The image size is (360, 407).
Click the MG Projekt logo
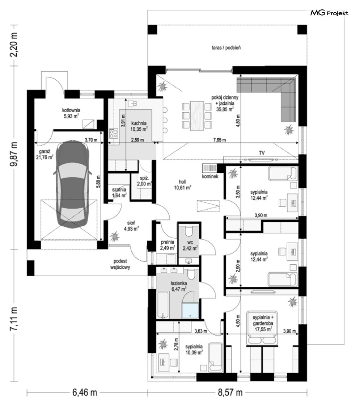[329, 13]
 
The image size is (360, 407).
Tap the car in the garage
[72, 185]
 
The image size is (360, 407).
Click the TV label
[262, 153]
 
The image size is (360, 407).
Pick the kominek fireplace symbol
[210, 168]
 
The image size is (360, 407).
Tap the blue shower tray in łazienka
[190, 310]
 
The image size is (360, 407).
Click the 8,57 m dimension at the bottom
[230, 392]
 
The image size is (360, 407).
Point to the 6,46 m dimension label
[85, 392]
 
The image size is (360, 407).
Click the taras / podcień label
[226, 48]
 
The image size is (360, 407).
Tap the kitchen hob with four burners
[113, 133]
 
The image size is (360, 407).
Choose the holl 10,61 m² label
[183, 185]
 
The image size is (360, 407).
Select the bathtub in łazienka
[163, 305]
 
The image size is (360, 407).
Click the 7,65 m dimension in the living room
[219, 140]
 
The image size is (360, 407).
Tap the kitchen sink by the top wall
[132, 103]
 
